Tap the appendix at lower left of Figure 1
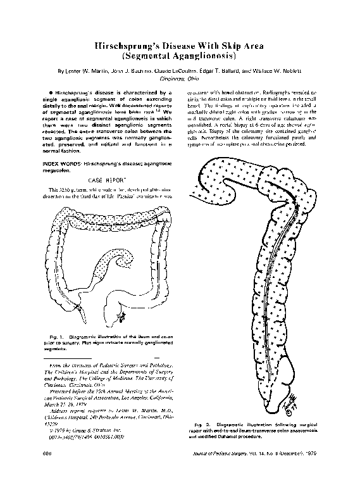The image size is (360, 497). [x=80, y=310]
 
